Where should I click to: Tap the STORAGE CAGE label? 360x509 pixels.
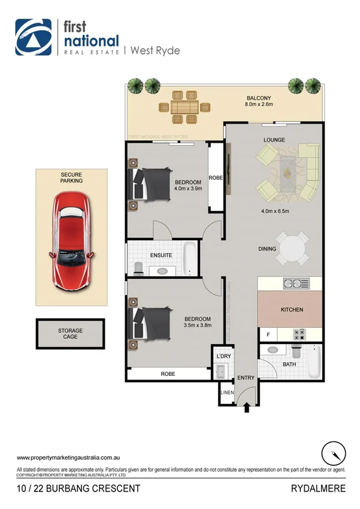71,333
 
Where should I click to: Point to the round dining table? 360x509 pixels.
292,249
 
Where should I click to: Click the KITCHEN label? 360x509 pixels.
292,310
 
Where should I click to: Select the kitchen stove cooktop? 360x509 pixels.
299,333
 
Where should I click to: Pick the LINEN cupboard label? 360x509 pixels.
227,393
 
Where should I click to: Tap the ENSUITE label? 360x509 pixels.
161,255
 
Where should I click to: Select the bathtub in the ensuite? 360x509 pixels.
189,258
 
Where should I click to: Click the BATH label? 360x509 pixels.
289,364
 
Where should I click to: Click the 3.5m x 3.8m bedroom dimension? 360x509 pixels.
197,326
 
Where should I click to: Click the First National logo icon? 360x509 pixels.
33,37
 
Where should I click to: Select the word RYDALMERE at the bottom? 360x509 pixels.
319,489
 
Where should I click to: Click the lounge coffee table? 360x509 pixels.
288,170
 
